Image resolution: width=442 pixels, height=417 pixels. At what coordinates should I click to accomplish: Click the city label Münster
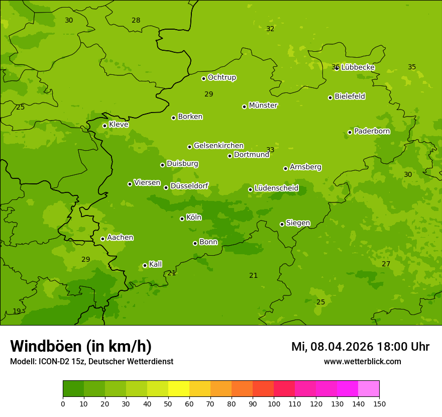[263, 106]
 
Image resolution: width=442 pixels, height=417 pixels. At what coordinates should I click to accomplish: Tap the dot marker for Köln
[182, 219]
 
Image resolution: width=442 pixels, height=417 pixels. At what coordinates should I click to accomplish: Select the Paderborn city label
[372, 131]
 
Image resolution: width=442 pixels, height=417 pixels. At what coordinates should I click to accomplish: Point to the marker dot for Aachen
[102, 239]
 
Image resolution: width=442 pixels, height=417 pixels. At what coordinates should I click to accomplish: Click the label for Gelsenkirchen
[218, 146]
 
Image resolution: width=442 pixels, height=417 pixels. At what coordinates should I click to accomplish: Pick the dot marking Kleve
[104, 126]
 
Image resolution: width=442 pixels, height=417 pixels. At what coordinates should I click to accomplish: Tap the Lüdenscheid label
[276, 188]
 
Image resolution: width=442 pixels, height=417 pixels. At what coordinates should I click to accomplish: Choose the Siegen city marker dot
[282, 224]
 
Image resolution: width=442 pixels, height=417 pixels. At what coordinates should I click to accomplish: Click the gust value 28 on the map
[136, 21]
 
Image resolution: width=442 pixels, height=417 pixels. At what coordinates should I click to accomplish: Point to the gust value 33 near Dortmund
[270, 150]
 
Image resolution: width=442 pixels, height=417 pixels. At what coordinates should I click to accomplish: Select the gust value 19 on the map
[17, 311]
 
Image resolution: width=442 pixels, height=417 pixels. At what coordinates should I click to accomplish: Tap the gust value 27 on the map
[386, 264]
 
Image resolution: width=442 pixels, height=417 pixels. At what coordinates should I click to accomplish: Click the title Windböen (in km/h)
[81, 346]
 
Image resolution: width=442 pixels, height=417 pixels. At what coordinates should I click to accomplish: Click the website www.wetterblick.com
[362, 362]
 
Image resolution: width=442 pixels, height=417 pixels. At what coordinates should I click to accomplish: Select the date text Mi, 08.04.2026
[331, 347]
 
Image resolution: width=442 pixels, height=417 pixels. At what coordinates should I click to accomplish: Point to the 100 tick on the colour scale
[274, 403]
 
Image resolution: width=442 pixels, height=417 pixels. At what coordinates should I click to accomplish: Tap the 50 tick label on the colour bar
[168, 403]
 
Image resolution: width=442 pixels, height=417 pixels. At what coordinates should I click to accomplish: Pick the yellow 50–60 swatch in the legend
[179, 389]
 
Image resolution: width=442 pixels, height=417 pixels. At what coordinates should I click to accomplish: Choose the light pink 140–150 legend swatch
[369, 389]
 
